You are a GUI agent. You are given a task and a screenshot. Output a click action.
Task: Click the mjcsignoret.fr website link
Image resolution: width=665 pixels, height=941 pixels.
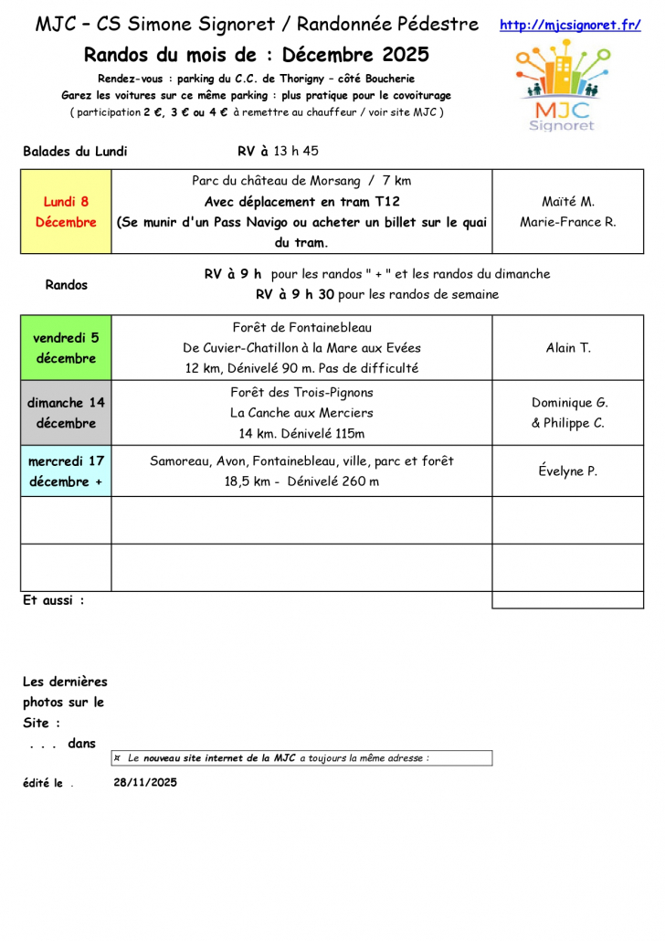click(x=570, y=26)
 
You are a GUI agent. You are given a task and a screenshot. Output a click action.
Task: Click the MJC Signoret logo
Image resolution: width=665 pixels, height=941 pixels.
click(x=560, y=88)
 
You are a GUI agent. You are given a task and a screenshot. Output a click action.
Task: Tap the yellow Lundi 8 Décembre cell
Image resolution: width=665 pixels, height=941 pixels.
click(x=66, y=211)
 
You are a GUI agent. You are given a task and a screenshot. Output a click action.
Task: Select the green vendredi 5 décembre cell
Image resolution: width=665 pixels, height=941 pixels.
click(x=66, y=347)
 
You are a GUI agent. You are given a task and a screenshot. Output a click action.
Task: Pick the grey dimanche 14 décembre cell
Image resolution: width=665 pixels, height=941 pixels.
click(x=66, y=412)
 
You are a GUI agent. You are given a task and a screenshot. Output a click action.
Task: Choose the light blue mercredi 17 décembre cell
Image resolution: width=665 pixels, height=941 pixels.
click(x=66, y=470)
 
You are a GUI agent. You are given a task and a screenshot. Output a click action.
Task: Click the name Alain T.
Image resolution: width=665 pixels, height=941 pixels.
click(x=568, y=348)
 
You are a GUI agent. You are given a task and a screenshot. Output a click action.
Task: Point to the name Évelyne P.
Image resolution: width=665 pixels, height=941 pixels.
click(x=567, y=471)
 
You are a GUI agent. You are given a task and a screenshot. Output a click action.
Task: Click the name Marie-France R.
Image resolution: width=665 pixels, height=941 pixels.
click(x=567, y=222)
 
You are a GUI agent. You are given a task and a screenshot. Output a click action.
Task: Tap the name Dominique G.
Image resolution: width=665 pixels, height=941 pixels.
click(x=569, y=402)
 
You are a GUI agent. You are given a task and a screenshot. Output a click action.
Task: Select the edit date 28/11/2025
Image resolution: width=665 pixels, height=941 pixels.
click(x=145, y=782)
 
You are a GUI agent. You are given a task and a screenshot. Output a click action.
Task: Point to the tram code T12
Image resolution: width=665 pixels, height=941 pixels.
click(x=386, y=201)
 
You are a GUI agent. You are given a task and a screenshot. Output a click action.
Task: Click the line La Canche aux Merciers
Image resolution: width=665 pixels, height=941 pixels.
click(x=301, y=413)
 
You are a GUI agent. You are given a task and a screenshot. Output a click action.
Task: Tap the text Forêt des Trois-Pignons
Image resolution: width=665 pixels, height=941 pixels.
click(x=301, y=393)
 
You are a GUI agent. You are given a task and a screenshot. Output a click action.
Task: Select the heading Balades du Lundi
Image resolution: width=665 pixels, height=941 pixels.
click(x=75, y=152)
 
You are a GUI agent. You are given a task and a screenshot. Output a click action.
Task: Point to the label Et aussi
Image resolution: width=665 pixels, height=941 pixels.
click(x=53, y=601)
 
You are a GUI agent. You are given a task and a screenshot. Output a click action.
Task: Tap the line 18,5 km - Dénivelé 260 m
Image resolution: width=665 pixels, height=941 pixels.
click(x=301, y=481)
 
